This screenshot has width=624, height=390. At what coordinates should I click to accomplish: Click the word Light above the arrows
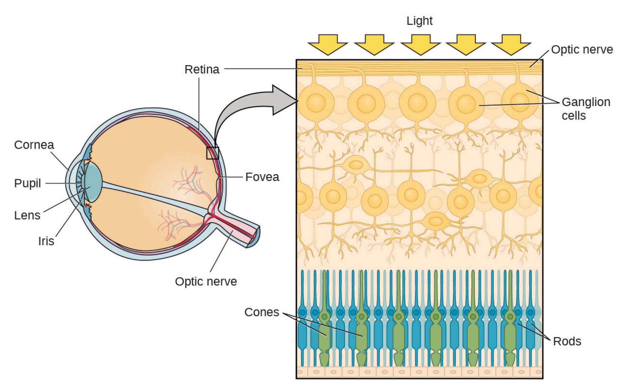pos(419,21)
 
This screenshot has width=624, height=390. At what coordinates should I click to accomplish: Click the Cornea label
pos(34,145)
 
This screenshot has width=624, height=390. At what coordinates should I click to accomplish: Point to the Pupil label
pos(28,183)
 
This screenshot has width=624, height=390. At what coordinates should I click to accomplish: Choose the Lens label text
pos(27,215)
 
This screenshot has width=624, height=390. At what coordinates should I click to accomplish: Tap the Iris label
pos(46,241)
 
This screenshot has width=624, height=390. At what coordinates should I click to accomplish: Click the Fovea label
pos(262,177)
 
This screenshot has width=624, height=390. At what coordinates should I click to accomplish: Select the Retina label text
pos(202,69)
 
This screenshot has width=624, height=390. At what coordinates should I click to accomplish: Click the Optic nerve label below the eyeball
pos(206,281)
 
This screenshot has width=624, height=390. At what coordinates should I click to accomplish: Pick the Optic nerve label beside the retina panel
pos(582,50)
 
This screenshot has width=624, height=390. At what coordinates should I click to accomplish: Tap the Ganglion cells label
pos(586,109)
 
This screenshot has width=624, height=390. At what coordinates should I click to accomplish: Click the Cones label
pos(261,312)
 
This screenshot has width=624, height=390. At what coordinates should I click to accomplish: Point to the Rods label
pos(567,341)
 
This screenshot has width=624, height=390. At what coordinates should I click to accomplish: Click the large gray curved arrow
pos(246,107)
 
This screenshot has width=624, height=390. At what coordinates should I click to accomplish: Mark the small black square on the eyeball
pos(213,153)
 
